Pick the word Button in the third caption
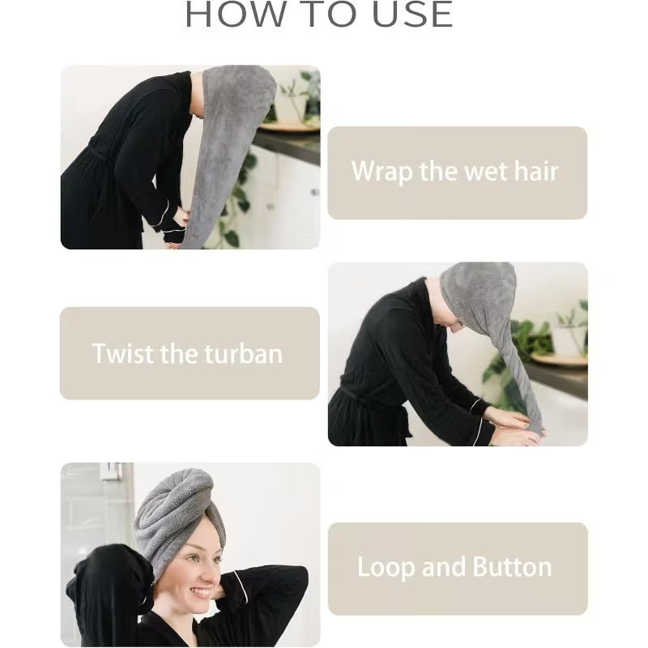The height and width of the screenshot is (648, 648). [x=511, y=567]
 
